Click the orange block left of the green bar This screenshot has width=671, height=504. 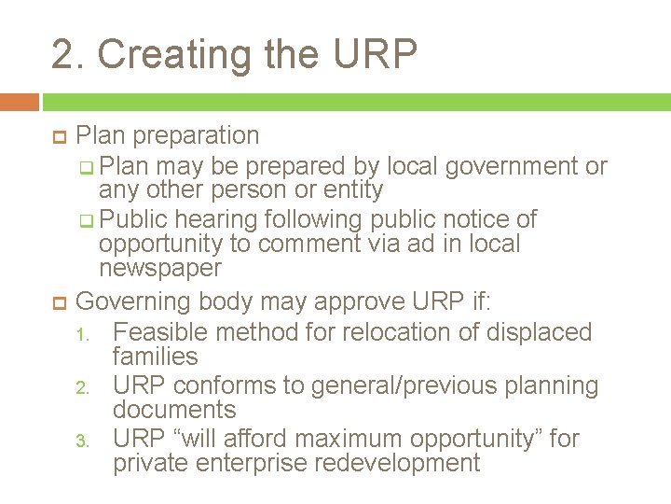tap(20, 102)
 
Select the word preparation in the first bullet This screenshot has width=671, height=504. tap(196, 135)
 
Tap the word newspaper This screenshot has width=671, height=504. tap(160, 269)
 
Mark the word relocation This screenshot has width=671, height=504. tap(406, 332)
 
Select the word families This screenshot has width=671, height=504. tap(155, 357)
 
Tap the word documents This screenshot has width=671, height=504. tap(174, 410)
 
